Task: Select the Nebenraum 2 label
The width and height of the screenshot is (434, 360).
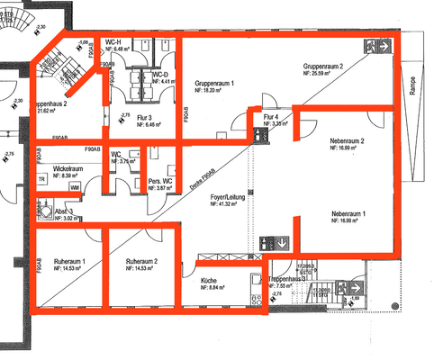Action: (x=346, y=141)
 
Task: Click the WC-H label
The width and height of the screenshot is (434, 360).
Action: (x=113, y=43)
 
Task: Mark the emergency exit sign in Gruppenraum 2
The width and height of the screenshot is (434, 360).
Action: (x=382, y=44)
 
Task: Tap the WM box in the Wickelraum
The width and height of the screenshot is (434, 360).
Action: (x=74, y=186)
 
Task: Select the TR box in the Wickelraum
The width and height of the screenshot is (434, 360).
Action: (x=42, y=179)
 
